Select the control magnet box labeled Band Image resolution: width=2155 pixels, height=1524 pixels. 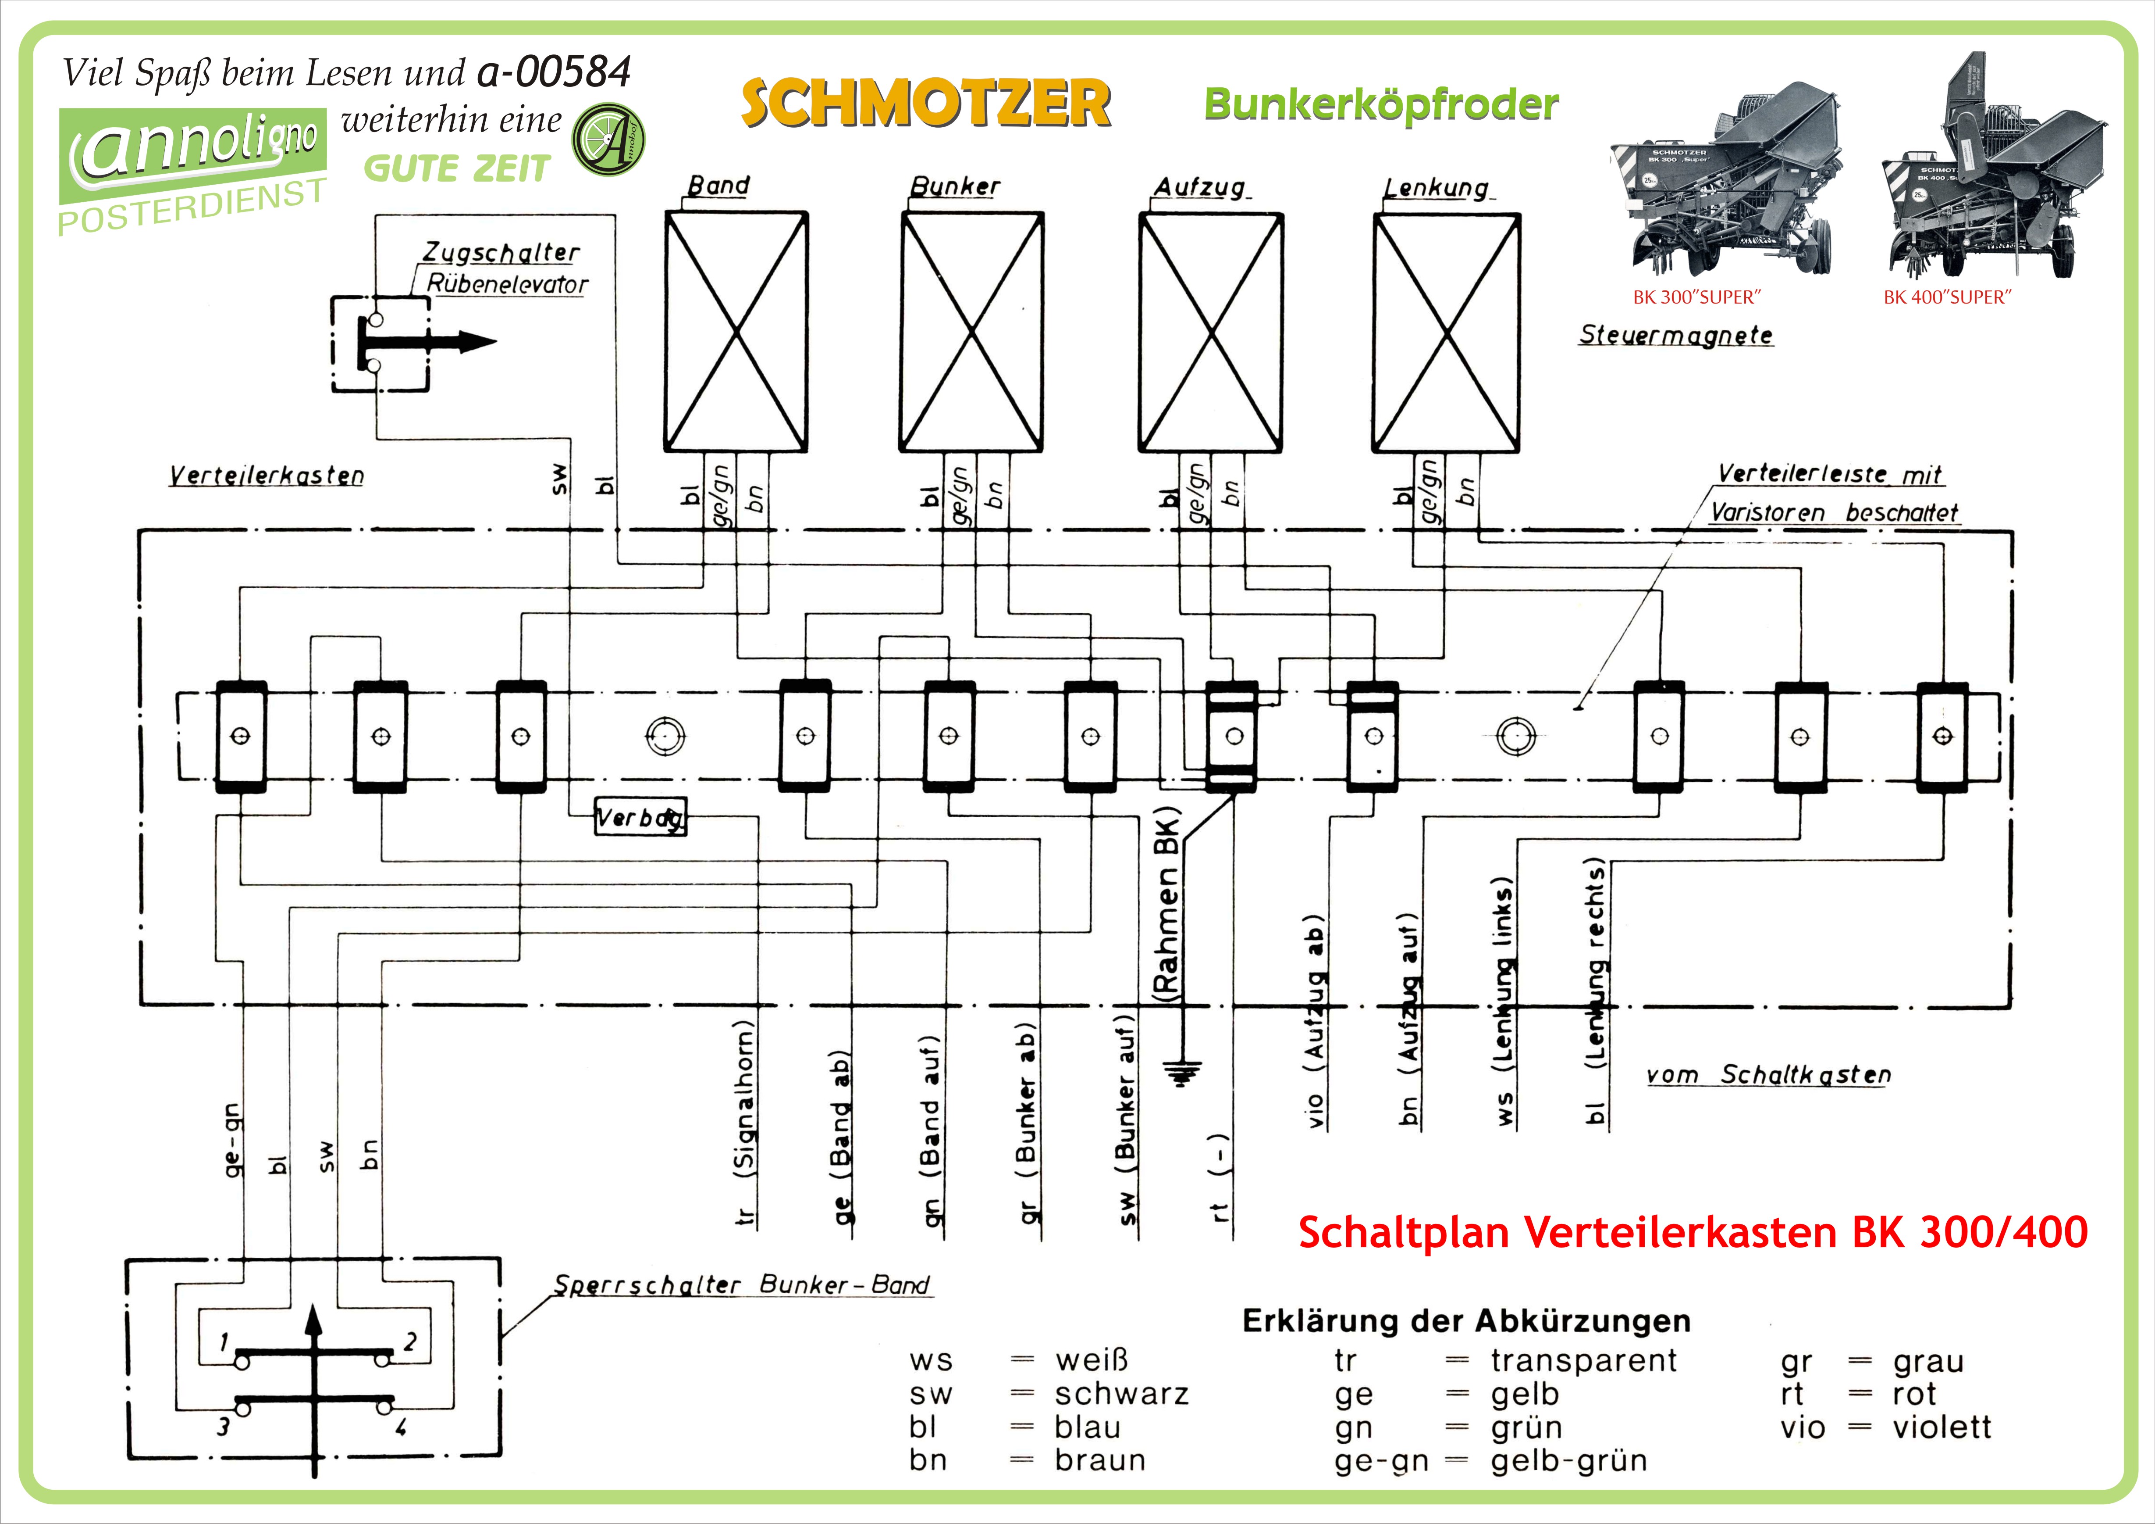[x=736, y=332]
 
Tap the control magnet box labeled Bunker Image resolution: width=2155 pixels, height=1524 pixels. [x=971, y=332]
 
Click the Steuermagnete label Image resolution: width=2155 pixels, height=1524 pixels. [x=1675, y=335]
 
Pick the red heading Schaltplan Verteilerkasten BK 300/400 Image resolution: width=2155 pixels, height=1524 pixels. [x=1692, y=1232]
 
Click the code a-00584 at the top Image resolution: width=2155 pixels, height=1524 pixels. [x=554, y=72]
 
